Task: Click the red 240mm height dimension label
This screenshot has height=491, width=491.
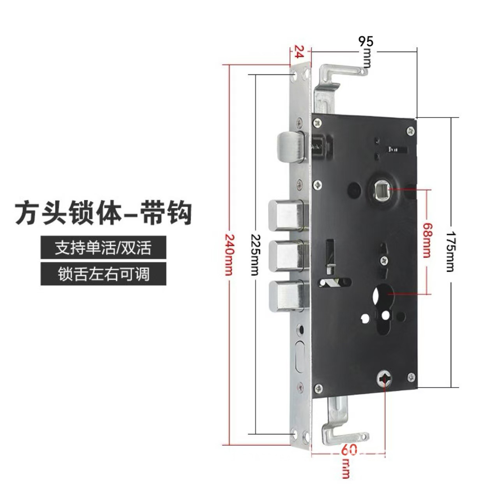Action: click(x=229, y=254)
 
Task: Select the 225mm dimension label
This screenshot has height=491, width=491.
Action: click(x=255, y=254)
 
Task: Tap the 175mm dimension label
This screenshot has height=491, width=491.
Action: click(x=450, y=251)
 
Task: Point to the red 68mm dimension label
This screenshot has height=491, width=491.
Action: click(x=427, y=240)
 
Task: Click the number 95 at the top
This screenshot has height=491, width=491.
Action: click(x=366, y=42)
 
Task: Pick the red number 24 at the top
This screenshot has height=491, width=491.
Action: click(x=298, y=51)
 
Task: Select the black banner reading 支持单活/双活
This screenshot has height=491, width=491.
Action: click(x=103, y=247)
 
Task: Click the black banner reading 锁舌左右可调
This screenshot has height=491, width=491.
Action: click(x=103, y=274)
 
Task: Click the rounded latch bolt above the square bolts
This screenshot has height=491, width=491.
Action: click(x=291, y=148)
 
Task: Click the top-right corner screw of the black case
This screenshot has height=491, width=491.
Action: click(x=410, y=131)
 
